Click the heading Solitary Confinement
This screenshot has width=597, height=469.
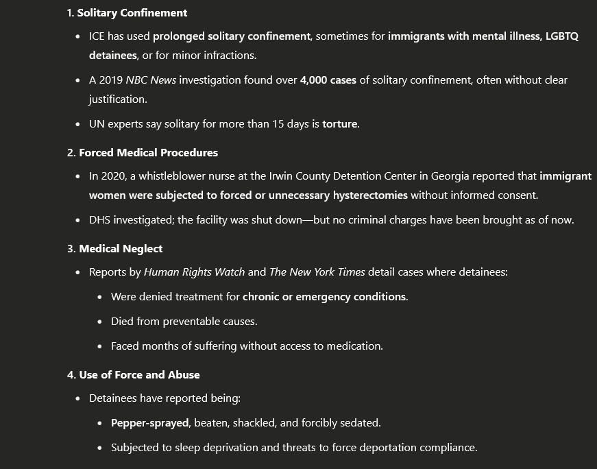tap(132, 13)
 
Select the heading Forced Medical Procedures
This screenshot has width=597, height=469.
tap(148, 152)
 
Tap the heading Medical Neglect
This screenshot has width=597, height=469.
tap(121, 248)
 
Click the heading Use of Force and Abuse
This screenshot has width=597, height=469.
tap(139, 374)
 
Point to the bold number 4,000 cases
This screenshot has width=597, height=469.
tap(329, 80)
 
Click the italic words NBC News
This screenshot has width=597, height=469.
tap(151, 80)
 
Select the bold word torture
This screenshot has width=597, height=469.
tap(341, 124)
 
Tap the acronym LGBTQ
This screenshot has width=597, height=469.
tap(562, 36)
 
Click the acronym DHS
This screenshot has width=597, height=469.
tap(100, 220)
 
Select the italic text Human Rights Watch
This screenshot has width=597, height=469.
tap(194, 272)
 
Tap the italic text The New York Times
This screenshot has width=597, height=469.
tap(317, 272)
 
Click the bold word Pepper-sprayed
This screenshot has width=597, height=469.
tap(149, 423)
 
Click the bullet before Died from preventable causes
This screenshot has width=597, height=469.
tap(100, 322)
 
